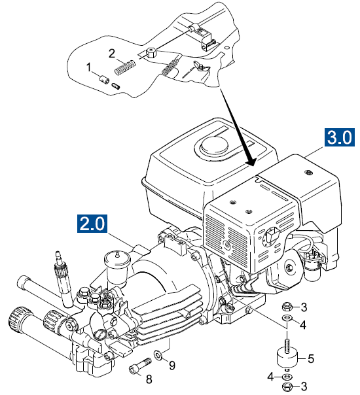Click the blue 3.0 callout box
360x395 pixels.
339,137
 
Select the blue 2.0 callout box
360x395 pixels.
92,223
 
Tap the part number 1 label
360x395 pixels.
88,67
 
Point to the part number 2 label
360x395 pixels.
112,54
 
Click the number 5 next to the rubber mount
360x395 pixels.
311,359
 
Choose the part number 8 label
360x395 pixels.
149,379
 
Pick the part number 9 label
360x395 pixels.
172,366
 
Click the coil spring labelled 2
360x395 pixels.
125,67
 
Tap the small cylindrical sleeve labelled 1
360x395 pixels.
103,79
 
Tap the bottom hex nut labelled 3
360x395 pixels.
287,386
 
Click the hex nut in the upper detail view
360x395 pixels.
151,52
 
